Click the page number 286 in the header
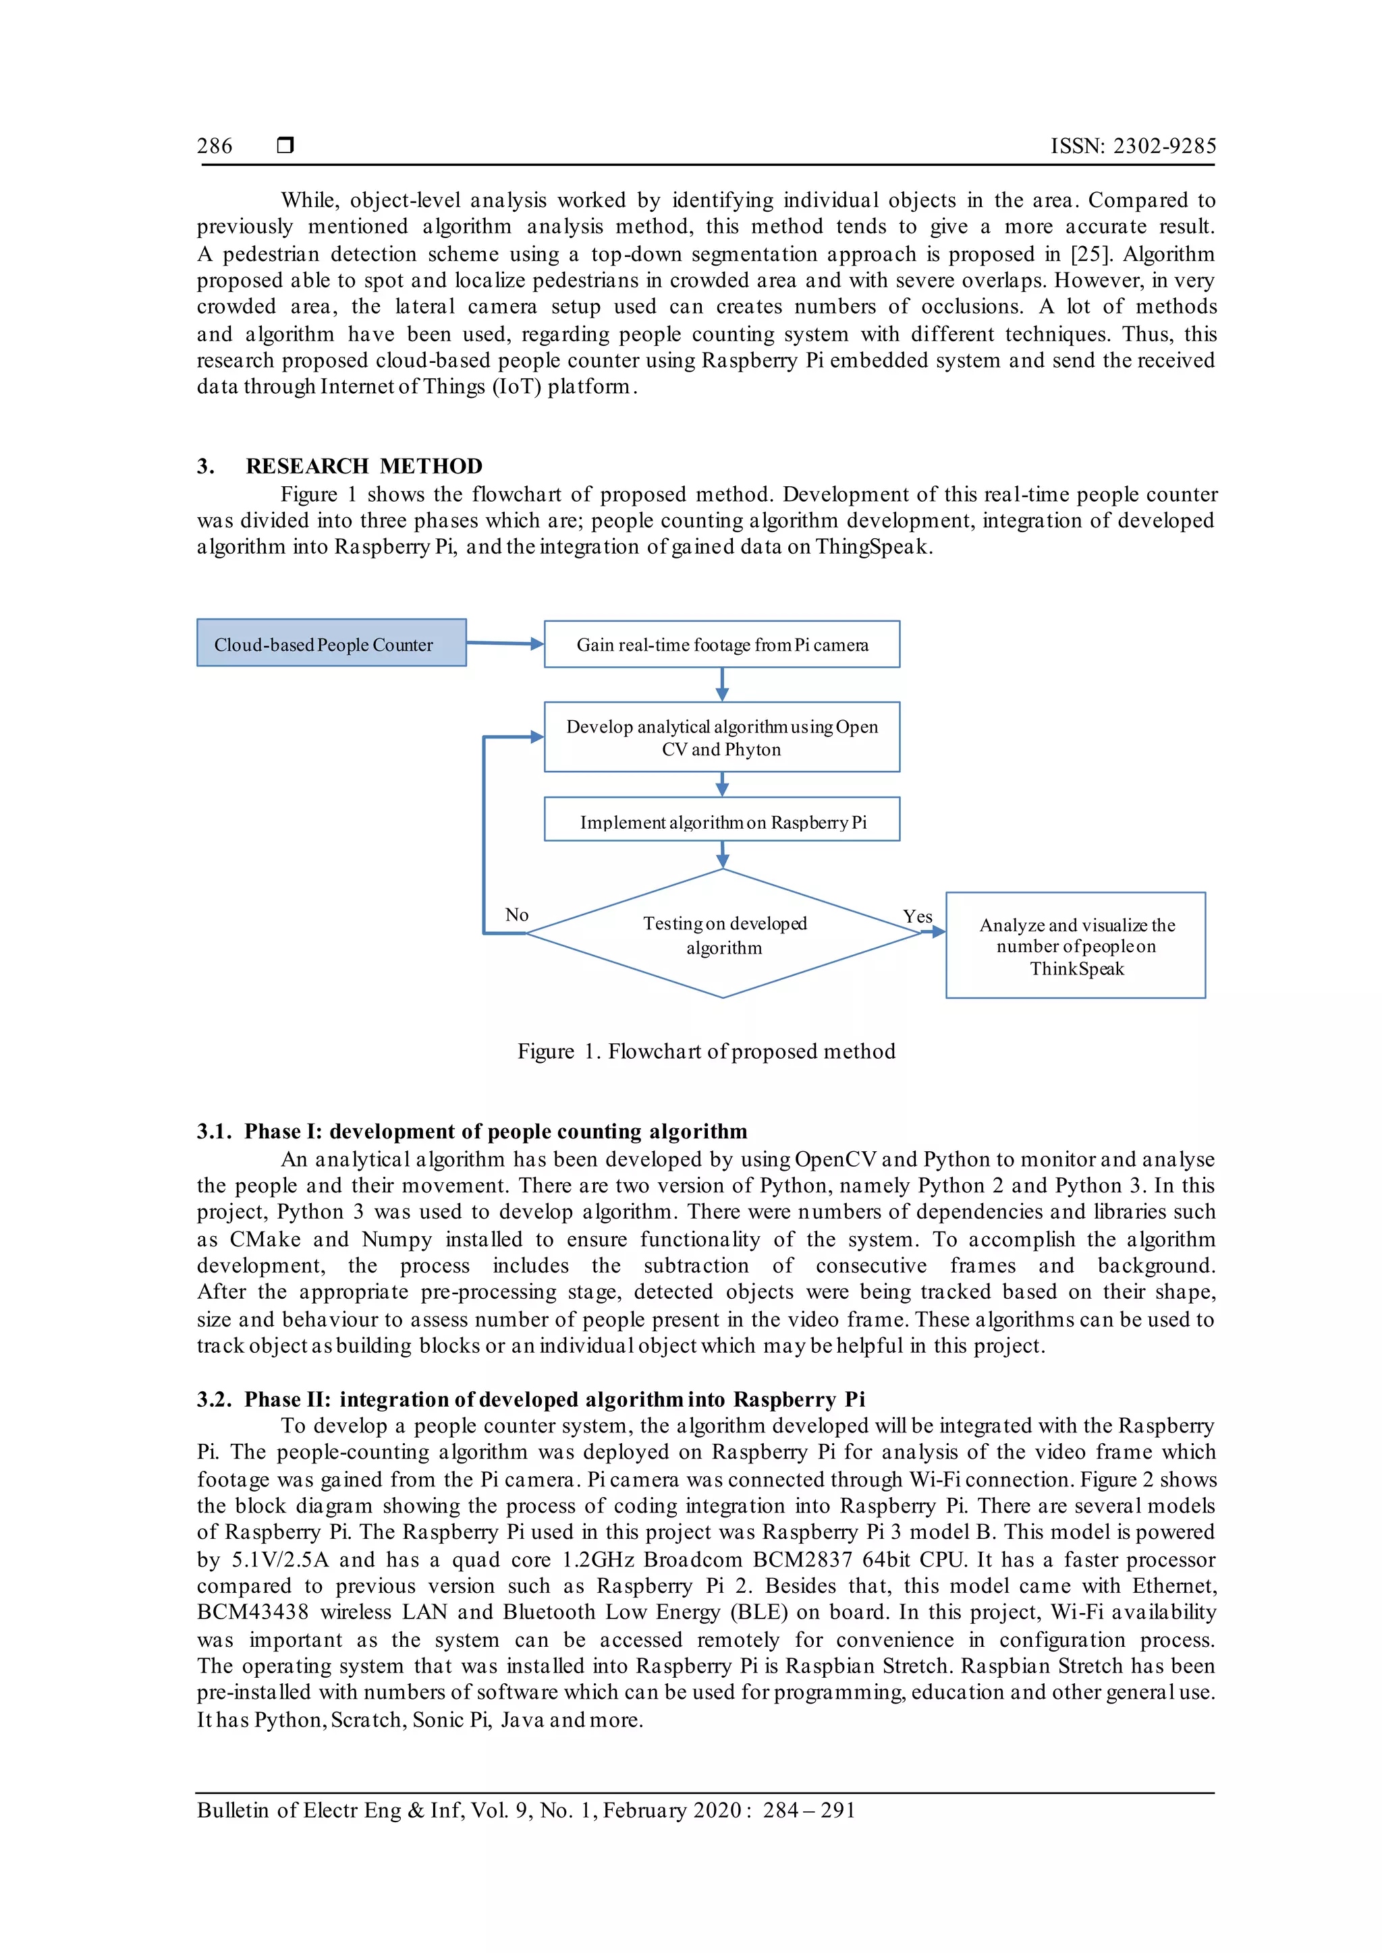pyautogui.click(x=215, y=146)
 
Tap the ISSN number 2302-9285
pyautogui.click(x=1165, y=146)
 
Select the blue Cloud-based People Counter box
pyautogui.click(x=331, y=643)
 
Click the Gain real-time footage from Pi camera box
pyautogui.click(x=721, y=645)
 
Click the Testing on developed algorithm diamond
pyautogui.click(x=723, y=935)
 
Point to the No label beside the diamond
pyautogui.click(x=516, y=915)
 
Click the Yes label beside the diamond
pyautogui.click(x=917, y=917)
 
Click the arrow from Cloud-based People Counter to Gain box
pyautogui.click(x=505, y=644)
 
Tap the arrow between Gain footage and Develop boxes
pyautogui.click(x=721, y=684)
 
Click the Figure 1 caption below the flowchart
pyautogui.click(x=707, y=1052)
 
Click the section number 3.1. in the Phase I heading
pyautogui.click(x=214, y=1132)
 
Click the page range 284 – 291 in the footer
pyautogui.click(x=808, y=1810)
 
